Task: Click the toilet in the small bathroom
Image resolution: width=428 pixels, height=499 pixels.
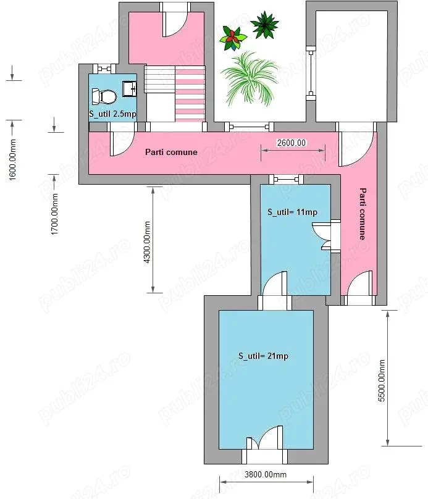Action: click(104, 96)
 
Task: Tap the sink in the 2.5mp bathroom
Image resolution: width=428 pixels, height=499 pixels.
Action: click(130, 88)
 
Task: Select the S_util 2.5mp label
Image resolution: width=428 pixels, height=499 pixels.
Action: click(112, 114)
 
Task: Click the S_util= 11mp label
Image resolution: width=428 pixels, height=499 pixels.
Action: click(293, 212)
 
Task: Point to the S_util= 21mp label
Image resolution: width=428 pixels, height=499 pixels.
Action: click(264, 356)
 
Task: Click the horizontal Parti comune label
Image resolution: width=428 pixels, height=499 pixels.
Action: click(171, 152)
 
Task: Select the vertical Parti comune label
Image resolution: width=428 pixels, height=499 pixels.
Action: click(363, 214)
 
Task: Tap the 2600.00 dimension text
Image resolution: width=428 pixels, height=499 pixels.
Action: click(291, 143)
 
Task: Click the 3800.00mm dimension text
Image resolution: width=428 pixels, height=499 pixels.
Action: click(266, 474)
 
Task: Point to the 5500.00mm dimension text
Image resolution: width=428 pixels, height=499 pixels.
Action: click(382, 380)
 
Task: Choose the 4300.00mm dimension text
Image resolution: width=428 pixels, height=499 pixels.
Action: click(147, 242)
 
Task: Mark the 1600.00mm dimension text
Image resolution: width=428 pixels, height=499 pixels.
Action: click(12, 160)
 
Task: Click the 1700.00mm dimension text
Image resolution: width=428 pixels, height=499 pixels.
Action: click(54, 214)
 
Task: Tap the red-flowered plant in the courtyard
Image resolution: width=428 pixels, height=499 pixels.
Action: click(233, 38)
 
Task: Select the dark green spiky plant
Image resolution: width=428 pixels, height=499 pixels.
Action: click(264, 25)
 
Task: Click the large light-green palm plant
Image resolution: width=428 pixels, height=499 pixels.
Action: click(250, 78)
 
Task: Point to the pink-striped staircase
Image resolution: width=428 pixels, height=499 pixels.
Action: click(190, 94)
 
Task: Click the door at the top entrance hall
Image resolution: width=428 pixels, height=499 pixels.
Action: click(174, 22)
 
